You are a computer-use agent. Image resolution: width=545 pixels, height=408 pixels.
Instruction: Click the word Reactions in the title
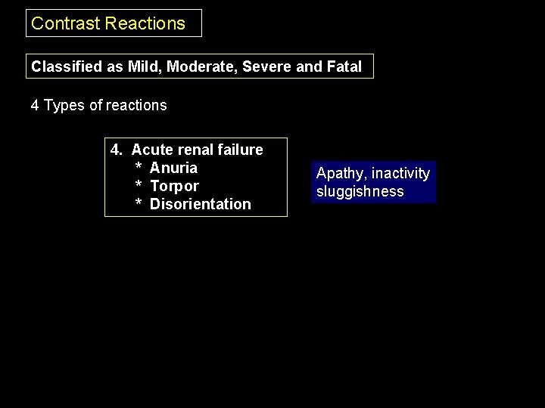(145, 23)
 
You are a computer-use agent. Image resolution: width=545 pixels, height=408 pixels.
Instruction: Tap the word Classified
(67, 66)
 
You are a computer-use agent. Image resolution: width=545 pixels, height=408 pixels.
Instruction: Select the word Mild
(144, 66)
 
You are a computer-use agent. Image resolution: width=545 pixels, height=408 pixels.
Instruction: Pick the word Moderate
(201, 66)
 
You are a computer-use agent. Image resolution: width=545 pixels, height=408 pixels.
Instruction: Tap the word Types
(64, 106)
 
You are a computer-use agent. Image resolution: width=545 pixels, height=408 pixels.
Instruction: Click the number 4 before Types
(35, 106)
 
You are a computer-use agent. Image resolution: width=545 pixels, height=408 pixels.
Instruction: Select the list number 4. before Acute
(117, 150)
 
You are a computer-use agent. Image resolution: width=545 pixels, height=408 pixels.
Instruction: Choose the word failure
(241, 150)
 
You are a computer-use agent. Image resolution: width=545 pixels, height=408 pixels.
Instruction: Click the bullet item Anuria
(173, 168)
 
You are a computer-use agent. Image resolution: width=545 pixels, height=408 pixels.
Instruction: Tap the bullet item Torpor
(174, 186)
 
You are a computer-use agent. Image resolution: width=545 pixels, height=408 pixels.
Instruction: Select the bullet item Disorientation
(200, 204)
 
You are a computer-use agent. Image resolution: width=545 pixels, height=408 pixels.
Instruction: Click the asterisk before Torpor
(139, 187)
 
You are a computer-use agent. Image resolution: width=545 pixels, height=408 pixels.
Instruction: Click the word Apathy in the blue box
(341, 174)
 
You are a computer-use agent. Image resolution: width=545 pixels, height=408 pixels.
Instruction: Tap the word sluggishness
(360, 192)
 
